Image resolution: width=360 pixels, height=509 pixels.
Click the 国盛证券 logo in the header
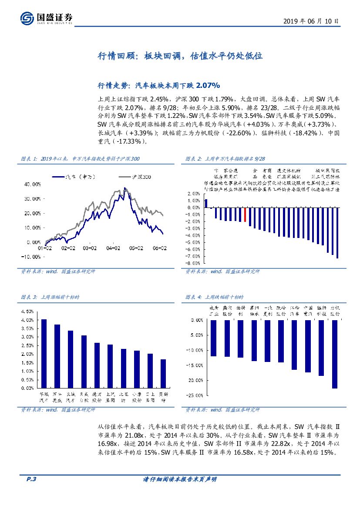click(47, 18)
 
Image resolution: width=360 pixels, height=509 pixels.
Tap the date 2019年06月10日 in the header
click(310, 20)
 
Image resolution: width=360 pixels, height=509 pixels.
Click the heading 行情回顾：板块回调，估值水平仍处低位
click(179, 57)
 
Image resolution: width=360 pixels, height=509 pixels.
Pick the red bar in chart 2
click(245, 215)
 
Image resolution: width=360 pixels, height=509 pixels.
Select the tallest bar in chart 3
click(44, 353)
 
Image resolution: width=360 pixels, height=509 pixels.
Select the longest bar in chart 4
click(334, 354)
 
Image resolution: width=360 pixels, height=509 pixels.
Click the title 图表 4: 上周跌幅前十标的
click(215, 297)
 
